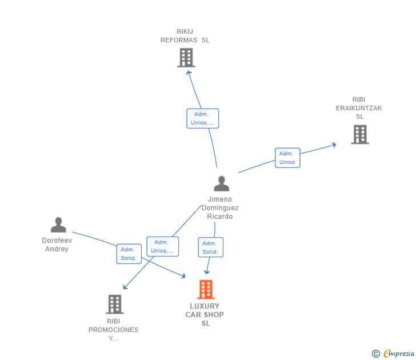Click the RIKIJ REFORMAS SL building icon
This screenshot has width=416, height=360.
(186, 58)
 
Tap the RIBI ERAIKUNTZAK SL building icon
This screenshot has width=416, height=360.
(360, 134)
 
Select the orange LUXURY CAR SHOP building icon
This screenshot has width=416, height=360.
(206, 290)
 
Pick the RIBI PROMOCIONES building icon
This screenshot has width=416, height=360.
(115, 305)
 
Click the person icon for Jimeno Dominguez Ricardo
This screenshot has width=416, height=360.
(222, 183)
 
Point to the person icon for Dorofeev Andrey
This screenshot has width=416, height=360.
(58, 225)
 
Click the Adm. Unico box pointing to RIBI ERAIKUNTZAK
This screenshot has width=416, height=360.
(287, 158)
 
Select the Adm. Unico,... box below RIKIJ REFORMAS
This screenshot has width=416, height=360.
(203, 118)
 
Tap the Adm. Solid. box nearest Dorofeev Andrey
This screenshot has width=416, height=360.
(129, 254)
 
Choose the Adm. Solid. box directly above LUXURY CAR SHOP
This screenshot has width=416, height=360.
(211, 247)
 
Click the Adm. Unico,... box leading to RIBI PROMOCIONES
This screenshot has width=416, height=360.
(163, 246)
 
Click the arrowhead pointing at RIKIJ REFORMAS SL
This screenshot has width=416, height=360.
(189, 73)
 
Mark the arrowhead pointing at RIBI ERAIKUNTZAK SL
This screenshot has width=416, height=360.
(334, 145)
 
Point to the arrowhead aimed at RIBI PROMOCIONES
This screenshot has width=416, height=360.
(125, 287)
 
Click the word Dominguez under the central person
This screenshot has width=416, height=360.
(220, 208)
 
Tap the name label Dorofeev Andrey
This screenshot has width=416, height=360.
(57, 245)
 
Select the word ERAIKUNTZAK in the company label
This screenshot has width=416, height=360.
(359, 108)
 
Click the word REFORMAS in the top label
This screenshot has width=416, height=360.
(179, 40)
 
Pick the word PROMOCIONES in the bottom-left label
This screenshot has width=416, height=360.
(113, 330)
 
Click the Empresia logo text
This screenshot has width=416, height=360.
(399, 353)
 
